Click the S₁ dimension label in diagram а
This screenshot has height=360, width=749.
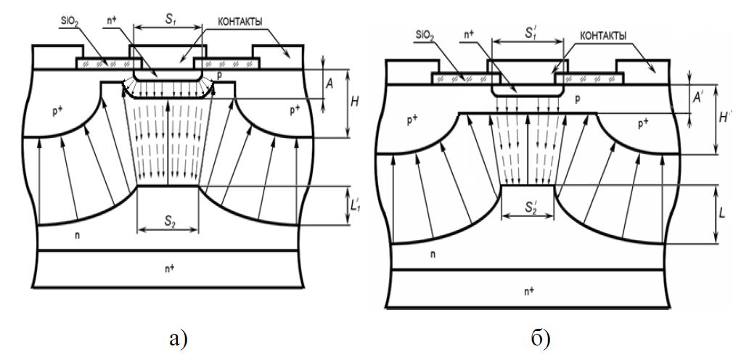coord(168,20)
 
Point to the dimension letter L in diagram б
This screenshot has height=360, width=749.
coord(723,212)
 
